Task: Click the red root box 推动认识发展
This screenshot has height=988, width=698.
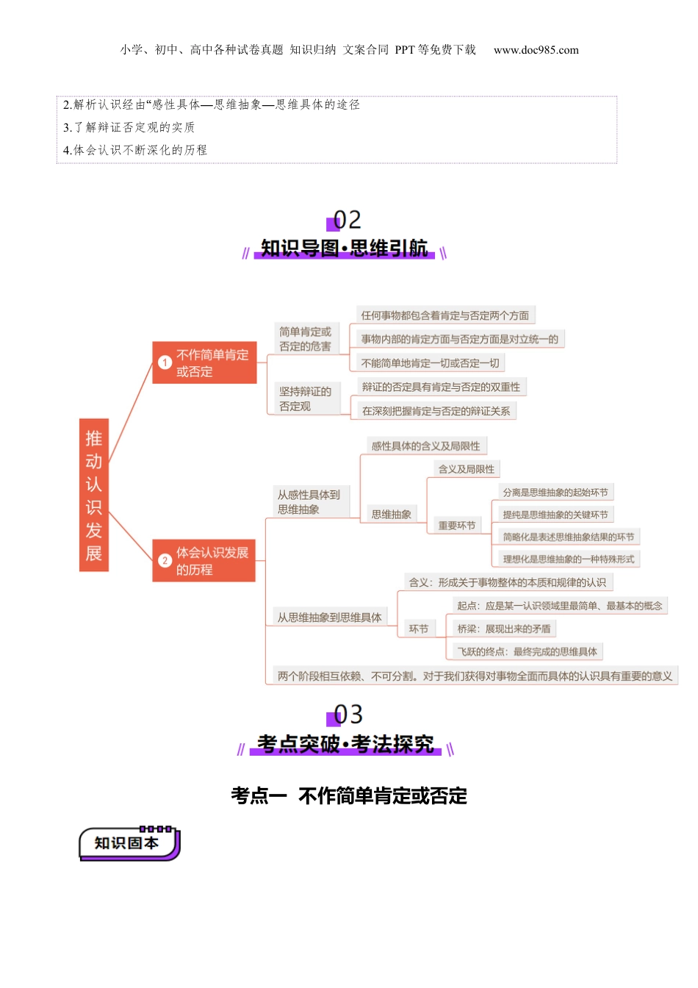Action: coord(93,495)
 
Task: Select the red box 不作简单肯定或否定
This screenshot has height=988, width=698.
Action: coord(204,362)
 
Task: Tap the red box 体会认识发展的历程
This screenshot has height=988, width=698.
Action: coord(204,560)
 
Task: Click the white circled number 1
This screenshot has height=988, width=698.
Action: coord(165,362)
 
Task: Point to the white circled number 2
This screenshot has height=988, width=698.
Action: coord(165,561)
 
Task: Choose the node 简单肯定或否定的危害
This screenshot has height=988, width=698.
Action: coord(305,339)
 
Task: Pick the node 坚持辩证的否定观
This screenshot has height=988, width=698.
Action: coord(305,398)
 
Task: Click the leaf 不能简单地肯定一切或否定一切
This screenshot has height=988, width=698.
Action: coord(430,363)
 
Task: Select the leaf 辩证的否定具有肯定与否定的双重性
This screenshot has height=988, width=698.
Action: coord(441,387)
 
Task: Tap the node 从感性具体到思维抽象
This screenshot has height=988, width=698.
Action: coord(309,502)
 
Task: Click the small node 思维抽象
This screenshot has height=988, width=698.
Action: coord(391,515)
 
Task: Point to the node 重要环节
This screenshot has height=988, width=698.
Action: coord(457,526)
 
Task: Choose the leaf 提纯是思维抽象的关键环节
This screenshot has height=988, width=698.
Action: coord(555,515)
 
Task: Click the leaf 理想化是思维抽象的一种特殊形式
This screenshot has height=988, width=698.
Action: coord(568,559)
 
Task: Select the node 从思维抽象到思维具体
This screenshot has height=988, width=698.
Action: coord(329,617)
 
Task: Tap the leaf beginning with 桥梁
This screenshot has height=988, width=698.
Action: coord(503,629)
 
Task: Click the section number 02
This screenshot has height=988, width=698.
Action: coord(347,220)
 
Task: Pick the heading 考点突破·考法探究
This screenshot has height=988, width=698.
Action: coord(345,744)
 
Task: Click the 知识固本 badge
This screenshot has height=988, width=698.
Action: coord(128,843)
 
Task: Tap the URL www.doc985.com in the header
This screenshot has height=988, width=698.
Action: coord(536,50)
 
